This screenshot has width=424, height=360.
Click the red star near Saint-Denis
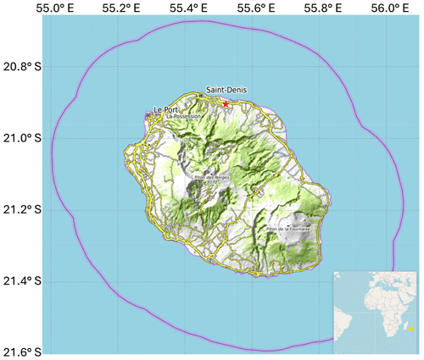coord(226,103)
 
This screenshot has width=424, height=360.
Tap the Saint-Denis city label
coord(226,89)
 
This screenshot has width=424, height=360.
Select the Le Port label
coord(166,108)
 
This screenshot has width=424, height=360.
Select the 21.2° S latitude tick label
coord(25,209)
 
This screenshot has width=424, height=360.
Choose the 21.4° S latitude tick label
coord(25,281)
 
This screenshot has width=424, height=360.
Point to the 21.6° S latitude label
coord(25,352)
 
